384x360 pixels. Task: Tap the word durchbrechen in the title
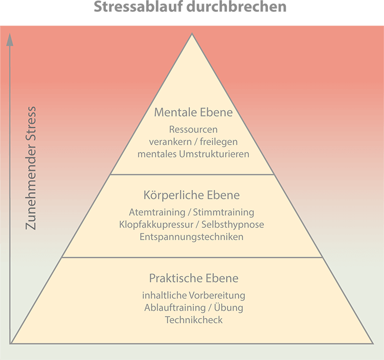click(x=237, y=7)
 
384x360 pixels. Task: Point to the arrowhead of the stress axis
click(x=10, y=39)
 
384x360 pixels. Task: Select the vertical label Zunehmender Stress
click(x=31, y=168)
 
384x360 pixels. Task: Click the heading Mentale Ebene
click(x=193, y=112)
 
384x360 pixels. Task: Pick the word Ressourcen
click(x=193, y=129)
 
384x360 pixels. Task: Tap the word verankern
click(x=170, y=142)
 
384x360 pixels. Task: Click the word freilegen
click(x=219, y=142)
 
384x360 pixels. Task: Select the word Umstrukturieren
click(x=214, y=154)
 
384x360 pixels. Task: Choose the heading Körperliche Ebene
click(x=192, y=195)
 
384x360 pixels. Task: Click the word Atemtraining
click(x=157, y=212)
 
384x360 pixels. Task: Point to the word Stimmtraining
click(x=223, y=212)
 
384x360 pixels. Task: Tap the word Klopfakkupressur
click(x=156, y=224)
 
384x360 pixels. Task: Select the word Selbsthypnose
click(x=233, y=224)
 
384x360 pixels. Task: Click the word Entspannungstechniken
click(x=192, y=237)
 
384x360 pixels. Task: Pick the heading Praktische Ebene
click(x=194, y=278)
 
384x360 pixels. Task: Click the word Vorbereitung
click(x=217, y=296)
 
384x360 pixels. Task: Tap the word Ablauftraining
click(x=175, y=308)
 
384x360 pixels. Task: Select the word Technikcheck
click(x=194, y=320)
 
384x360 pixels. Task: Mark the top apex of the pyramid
click(x=192, y=34)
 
